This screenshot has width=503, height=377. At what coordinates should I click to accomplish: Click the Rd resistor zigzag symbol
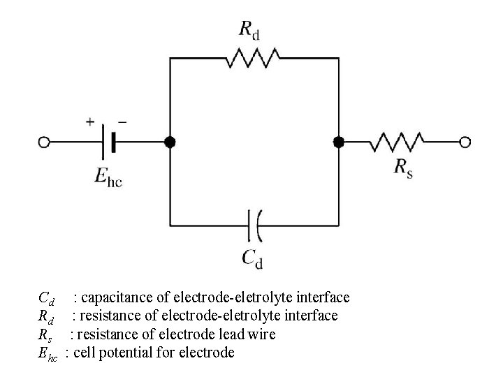pyautogui.click(x=253, y=59)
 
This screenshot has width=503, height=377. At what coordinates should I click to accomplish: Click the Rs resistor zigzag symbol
pyautogui.click(x=397, y=142)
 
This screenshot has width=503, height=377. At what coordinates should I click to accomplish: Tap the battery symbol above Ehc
pyautogui.click(x=108, y=142)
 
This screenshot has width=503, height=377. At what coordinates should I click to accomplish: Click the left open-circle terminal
pyautogui.click(x=44, y=142)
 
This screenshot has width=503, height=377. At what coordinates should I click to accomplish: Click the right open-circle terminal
pyautogui.click(x=465, y=142)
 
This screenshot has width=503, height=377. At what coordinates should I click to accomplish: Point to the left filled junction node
pyautogui.click(x=170, y=142)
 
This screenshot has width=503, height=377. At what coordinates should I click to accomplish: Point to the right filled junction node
pyautogui.click(x=339, y=142)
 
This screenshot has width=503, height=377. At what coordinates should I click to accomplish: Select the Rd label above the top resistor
pyautogui.click(x=250, y=29)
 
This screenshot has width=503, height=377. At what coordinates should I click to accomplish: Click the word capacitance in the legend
pyautogui.click(x=115, y=298)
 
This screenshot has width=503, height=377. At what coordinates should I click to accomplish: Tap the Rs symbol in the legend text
pyautogui.click(x=44, y=335)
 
